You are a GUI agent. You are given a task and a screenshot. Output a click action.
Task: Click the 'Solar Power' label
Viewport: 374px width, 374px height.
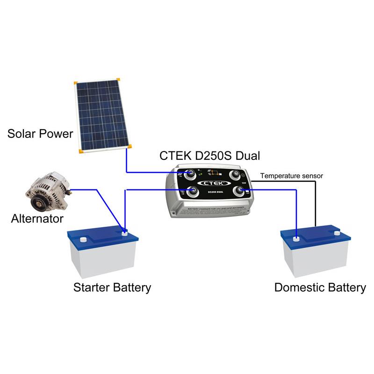tap(40, 134)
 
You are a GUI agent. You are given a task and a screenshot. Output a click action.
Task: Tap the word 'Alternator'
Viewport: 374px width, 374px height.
tap(37, 218)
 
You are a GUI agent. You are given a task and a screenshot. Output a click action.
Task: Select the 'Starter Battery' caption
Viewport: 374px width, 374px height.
tap(112, 287)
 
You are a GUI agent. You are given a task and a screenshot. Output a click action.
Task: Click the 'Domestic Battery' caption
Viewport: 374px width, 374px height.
tap(320, 287)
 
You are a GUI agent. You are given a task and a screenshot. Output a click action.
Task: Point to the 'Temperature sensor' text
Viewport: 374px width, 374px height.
tap(291, 176)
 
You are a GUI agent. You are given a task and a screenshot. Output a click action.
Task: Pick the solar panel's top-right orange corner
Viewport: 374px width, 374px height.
tap(119, 80)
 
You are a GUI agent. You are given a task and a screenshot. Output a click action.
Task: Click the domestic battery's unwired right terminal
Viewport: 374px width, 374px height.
tap(336, 231)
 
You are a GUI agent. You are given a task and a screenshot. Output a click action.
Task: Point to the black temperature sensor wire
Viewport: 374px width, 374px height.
tap(315, 206)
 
